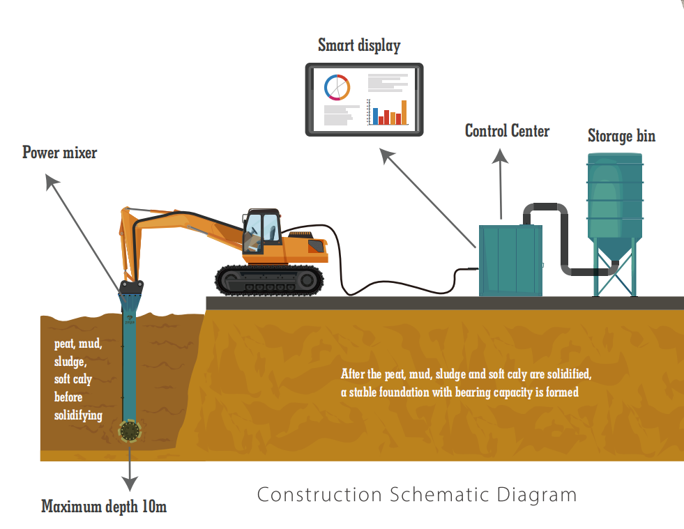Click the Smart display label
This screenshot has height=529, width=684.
click(x=359, y=46)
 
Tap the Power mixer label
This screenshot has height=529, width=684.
click(x=59, y=153)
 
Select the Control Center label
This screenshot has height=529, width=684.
click(x=507, y=130)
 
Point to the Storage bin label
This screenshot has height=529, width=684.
click(x=621, y=135)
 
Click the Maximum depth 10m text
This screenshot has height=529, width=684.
click(x=104, y=507)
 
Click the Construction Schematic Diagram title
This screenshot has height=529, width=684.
click(x=417, y=495)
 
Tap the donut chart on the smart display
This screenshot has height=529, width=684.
click(x=337, y=87)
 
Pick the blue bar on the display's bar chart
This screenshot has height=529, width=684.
click(x=375, y=116)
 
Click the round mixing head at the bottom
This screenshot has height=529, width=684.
click(x=130, y=431)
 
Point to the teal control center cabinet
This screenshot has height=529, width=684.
click(x=510, y=259)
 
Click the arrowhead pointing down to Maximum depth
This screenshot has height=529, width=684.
click(x=130, y=484)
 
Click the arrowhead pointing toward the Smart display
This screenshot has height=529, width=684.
click(x=386, y=155)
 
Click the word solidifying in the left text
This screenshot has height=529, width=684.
click(x=78, y=415)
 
